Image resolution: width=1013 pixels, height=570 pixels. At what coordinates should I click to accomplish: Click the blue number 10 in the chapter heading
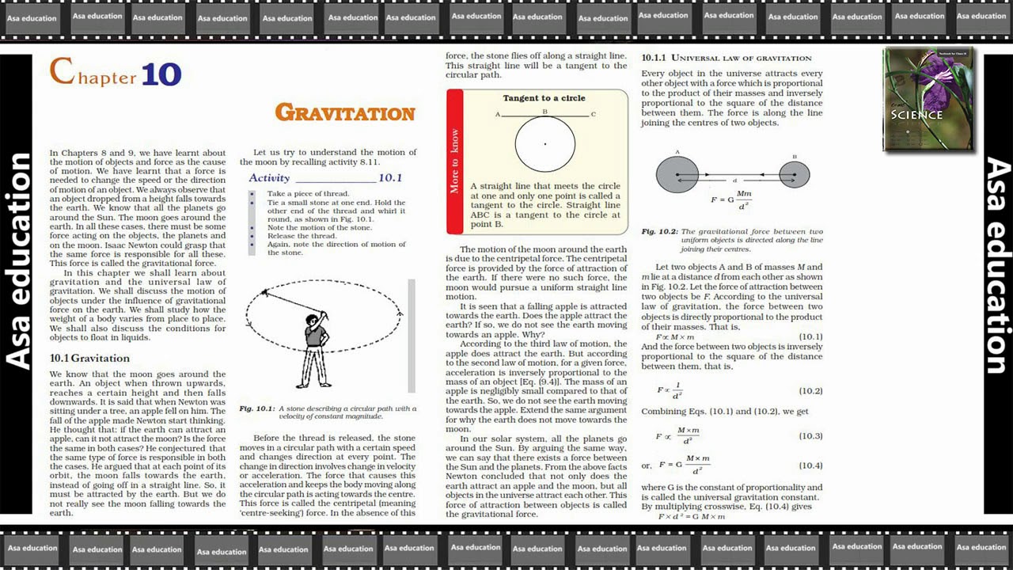pyautogui.click(x=161, y=74)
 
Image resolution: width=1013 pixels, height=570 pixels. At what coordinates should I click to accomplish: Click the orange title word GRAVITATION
pyautogui.click(x=345, y=113)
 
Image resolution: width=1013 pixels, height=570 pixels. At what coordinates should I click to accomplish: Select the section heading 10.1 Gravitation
pyautogui.click(x=89, y=358)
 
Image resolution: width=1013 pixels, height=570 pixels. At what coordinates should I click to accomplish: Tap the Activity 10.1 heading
pyautogui.click(x=325, y=178)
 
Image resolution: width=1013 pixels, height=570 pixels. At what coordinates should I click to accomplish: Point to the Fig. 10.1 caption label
pyautogui.click(x=256, y=408)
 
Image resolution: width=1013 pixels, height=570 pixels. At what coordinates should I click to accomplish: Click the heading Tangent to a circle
pyautogui.click(x=544, y=98)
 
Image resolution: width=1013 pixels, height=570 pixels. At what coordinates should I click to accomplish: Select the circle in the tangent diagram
pyautogui.click(x=545, y=144)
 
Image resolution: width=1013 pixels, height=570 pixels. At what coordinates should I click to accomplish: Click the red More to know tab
pyautogui.click(x=454, y=161)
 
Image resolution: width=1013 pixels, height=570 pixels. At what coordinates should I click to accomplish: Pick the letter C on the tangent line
pyautogui.click(x=594, y=114)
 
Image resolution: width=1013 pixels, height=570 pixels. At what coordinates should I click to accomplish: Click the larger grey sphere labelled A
pyautogui.click(x=677, y=174)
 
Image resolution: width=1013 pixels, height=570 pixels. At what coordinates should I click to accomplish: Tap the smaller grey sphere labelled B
pyautogui.click(x=795, y=174)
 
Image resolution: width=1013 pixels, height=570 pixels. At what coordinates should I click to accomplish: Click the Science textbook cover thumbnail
pyautogui.click(x=928, y=100)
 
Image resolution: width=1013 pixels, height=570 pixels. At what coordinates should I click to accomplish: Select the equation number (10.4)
pyautogui.click(x=810, y=465)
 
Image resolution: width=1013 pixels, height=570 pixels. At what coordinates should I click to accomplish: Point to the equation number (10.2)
pyautogui.click(x=810, y=391)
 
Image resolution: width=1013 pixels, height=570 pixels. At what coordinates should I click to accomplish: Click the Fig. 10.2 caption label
pyautogui.click(x=658, y=232)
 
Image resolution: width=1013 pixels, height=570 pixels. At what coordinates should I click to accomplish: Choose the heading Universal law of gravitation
pyautogui.click(x=727, y=58)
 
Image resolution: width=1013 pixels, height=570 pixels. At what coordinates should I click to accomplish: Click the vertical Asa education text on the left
pyautogui.click(x=20, y=261)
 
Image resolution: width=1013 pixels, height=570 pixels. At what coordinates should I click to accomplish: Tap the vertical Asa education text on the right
pyautogui.click(x=997, y=265)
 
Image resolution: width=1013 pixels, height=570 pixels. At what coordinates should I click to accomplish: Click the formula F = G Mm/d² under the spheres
pyautogui.click(x=731, y=199)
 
